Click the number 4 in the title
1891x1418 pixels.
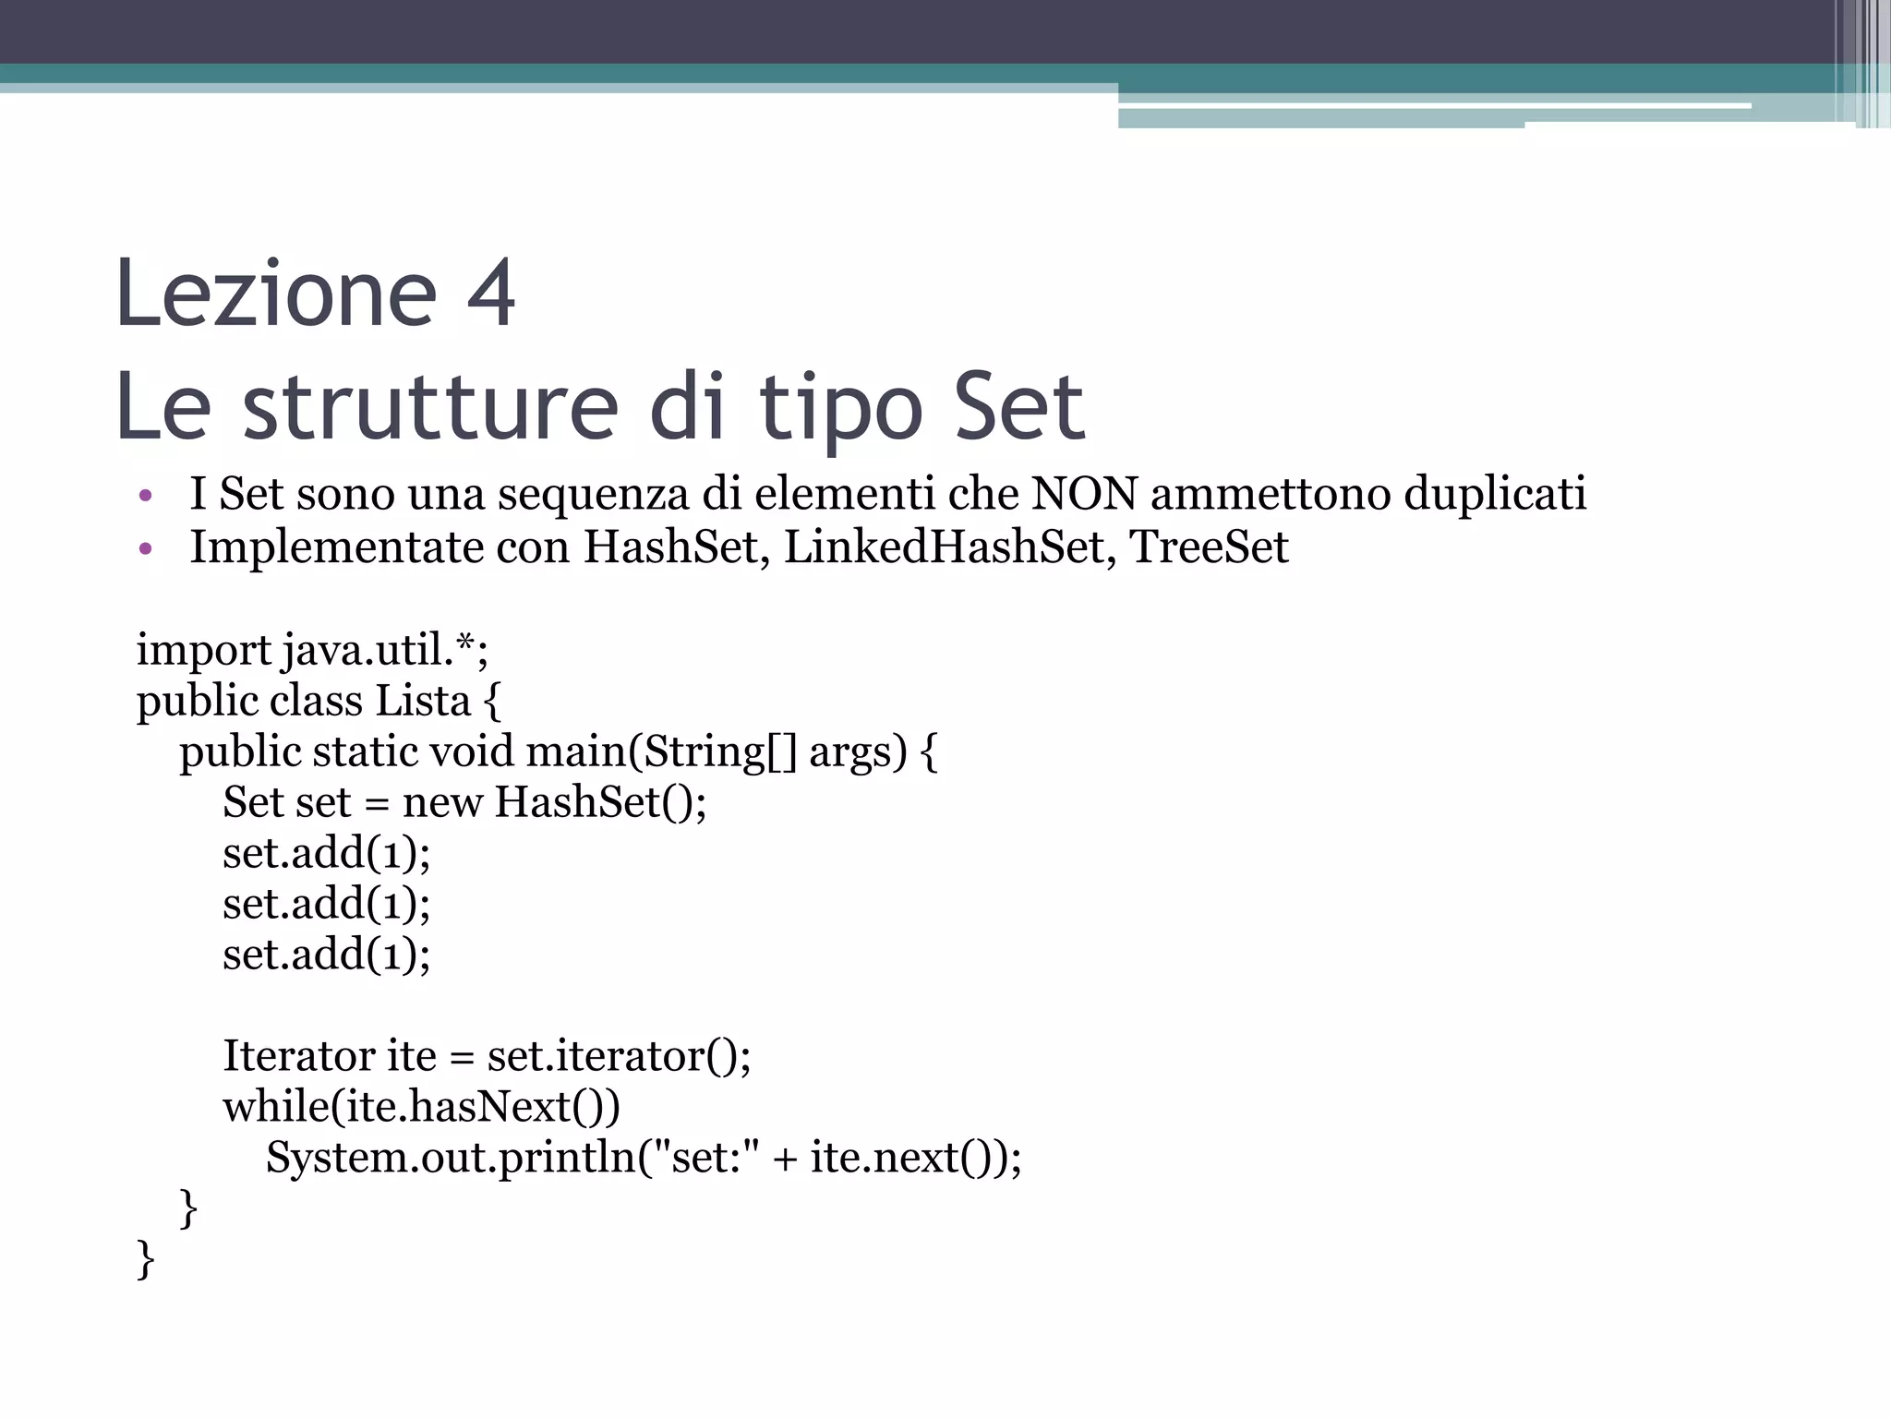tap(490, 294)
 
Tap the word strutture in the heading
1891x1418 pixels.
tap(430, 407)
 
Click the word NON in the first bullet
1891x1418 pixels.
tap(1084, 493)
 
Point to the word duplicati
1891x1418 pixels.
tap(1495, 493)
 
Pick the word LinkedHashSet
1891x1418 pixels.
tap(944, 547)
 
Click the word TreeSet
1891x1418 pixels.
tap(1209, 547)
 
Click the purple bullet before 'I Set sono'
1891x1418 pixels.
tap(144, 496)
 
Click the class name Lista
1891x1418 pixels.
tap(423, 701)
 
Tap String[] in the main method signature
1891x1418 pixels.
tap(718, 751)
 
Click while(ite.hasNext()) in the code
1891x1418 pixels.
tap(421, 1106)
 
